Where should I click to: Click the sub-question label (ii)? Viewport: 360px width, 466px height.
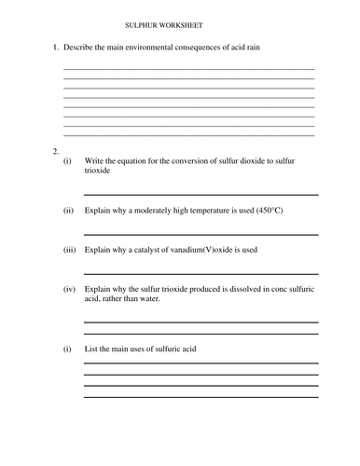coord(68,211)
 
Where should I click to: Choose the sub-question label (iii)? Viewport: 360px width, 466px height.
coord(69,250)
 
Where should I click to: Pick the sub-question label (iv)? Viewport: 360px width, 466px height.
coord(69,289)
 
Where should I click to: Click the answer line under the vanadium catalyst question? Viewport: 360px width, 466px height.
coord(201,274)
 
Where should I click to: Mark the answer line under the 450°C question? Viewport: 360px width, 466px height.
coord(201,234)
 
